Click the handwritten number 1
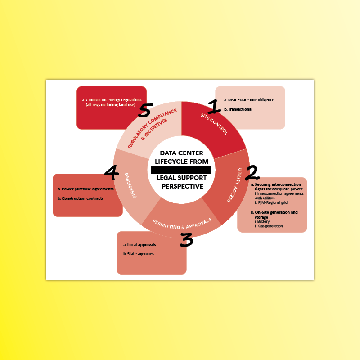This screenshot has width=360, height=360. click(214, 107)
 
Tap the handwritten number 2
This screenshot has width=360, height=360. click(252, 173)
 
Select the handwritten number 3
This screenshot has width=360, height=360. click(187, 240)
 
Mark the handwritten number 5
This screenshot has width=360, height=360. click(145, 110)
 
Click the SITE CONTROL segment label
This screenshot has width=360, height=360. click(214, 124)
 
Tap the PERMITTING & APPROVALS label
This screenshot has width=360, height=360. click(182, 224)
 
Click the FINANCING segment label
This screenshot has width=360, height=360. click(130, 185)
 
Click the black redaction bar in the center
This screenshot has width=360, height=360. click(181, 170)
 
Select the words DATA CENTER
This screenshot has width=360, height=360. click(181, 153)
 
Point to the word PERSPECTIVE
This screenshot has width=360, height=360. click(183, 186)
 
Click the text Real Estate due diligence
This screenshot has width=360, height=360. click(251, 100)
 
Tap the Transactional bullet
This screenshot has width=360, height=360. click(240, 109)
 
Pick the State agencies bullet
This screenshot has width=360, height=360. click(140, 254)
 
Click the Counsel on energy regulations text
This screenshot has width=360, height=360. click(114, 100)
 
